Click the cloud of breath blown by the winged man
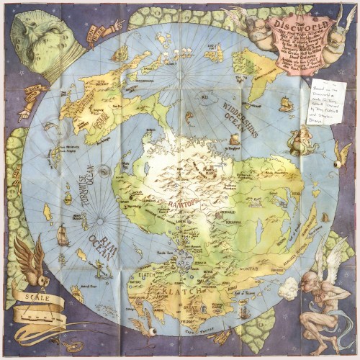(x=287, y=287)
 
